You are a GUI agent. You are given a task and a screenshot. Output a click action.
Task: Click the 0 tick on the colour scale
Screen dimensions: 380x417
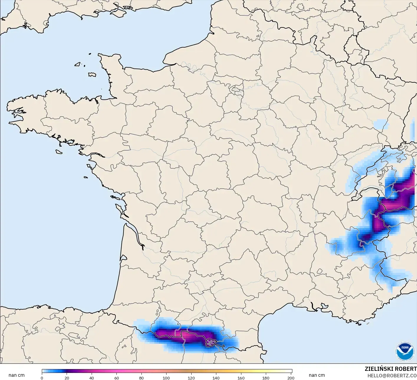(x=42, y=378)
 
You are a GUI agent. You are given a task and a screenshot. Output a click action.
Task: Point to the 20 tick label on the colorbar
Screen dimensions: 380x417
(x=67, y=378)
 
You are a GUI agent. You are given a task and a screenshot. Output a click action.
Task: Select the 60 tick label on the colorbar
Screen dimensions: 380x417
(x=117, y=378)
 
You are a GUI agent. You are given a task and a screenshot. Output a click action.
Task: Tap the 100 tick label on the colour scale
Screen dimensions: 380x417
(x=166, y=378)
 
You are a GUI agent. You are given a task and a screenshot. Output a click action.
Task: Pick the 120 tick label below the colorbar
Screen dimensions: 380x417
(x=191, y=378)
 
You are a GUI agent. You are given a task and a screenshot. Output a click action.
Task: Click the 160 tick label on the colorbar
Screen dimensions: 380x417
(x=241, y=378)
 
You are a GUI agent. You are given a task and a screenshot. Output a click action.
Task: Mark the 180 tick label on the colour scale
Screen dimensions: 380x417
(x=266, y=378)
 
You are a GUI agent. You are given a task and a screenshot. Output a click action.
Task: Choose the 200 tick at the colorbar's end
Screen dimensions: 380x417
(x=291, y=378)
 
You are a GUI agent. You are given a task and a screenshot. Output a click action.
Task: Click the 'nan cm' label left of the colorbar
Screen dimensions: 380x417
(x=17, y=375)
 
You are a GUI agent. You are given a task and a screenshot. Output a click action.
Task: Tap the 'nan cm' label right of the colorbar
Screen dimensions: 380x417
(x=317, y=375)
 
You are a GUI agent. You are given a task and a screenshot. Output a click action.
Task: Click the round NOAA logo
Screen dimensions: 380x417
(x=405, y=351)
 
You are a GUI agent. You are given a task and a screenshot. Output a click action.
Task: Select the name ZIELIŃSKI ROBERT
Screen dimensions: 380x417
(x=391, y=369)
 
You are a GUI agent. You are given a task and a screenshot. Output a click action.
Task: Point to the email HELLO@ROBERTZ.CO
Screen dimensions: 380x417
(x=392, y=375)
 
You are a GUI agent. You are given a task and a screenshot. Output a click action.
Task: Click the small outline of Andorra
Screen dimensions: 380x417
(x=211, y=343)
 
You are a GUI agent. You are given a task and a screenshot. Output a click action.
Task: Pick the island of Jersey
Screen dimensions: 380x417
(x=92, y=75)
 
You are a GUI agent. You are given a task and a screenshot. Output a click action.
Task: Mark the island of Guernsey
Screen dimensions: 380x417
(x=78, y=64)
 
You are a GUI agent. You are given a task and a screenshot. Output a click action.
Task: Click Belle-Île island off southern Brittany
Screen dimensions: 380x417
(x=59, y=151)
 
